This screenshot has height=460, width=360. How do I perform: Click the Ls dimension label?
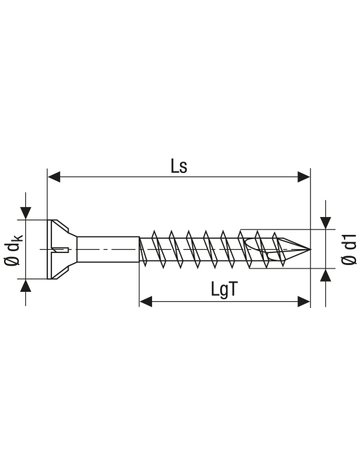[x=179, y=166]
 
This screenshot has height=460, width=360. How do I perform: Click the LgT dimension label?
[x=224, y=289]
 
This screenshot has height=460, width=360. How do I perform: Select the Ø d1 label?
[x=349, y=249]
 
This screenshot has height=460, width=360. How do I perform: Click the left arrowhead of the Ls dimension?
[x=54, y=177]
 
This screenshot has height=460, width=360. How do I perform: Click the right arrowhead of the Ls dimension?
[x=304, y=177]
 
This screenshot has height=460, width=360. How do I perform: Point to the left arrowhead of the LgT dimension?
[x=146, y=301]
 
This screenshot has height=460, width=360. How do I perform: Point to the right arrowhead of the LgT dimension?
[x=304, y=301]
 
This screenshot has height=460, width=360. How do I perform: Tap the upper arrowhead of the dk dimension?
[x=26, y=213]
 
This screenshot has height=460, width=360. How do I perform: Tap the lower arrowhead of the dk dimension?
[x=26, y=286]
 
